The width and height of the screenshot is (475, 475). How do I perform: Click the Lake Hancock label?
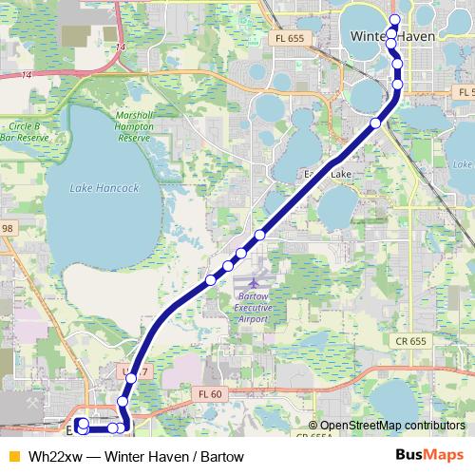104,188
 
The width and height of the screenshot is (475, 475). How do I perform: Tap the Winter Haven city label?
391,36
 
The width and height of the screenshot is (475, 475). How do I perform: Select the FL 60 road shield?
210,394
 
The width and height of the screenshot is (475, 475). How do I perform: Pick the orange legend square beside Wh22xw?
12,456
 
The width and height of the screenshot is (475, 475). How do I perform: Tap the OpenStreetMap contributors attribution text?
392,426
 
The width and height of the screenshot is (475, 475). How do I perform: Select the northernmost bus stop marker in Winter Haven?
394,20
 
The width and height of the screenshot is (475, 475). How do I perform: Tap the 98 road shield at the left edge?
8,228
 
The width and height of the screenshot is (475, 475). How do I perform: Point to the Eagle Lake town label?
327,175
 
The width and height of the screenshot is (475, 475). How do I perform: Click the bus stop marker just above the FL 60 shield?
131,377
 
